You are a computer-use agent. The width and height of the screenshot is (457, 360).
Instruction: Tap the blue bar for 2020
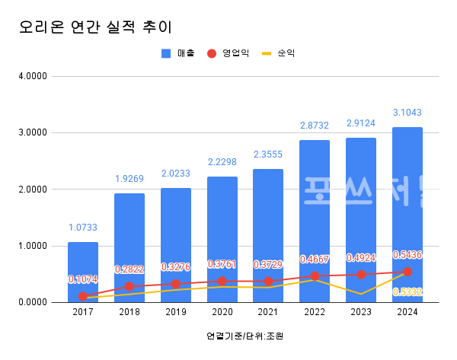pos(222,228)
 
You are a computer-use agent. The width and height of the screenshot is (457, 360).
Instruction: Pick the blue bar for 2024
pos(407,205)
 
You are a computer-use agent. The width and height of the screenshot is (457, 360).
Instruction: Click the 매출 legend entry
pos(179,53)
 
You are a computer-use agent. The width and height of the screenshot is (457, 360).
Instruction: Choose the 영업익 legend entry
pos(228,53)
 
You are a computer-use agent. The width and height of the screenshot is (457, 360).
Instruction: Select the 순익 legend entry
pos(279,53)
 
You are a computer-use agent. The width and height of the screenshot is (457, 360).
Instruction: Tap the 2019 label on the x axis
pos(175,312)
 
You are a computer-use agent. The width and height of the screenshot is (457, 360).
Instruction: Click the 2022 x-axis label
pos(315,312)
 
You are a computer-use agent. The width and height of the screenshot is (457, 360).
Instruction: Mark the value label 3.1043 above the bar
pos(407,113)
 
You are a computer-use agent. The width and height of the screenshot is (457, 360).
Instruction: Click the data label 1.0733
pos(83,227)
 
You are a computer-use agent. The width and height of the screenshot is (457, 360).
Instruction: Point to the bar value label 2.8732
pos(315,126)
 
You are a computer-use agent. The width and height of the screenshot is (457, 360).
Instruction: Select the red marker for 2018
pos(129,287)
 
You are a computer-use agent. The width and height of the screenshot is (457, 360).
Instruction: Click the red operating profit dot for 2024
pos(407,272)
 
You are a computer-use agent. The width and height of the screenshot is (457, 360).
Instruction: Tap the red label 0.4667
pos(315,260)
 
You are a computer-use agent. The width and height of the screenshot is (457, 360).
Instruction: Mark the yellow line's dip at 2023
pos(361,294)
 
